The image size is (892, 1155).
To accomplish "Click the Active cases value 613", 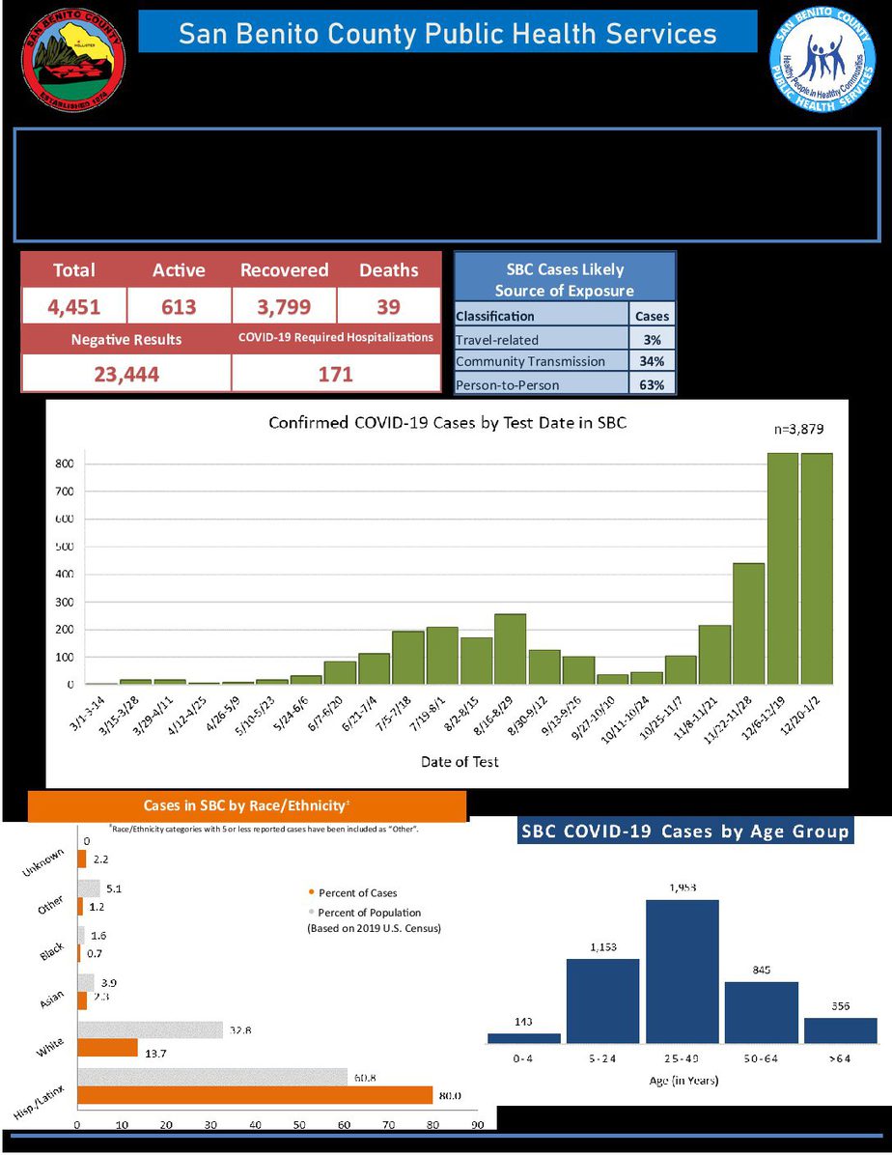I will pyautogui.click(x=179, y=307).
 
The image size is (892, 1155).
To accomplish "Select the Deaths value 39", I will pyautogui.click(x=388, y=307).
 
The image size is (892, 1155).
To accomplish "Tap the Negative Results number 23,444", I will pyautogui.click(x=125, y=374).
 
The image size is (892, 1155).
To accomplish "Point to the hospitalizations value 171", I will pyautogui.click(x=335, y=374).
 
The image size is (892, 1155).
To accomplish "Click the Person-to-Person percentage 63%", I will pyautogui.click(x=653, y=384).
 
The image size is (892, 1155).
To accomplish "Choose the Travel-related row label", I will pyautogui.click(x=497, y=339).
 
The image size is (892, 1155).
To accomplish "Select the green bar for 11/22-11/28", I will pyautogui.click(x=749, y=623).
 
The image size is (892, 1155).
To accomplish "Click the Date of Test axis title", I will pyautogui.click(x=460, y=762).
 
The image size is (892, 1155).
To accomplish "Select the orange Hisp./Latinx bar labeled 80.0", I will pyautogui.click(x=255, y=1095).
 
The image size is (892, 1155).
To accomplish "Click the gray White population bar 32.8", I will pyautogui.click(x=150, y=1031).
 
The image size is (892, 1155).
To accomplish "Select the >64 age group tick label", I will pyautogui.click(x=840, y=1059).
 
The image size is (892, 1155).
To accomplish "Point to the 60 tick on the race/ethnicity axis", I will pyautogui.click(x=345, y=1125).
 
